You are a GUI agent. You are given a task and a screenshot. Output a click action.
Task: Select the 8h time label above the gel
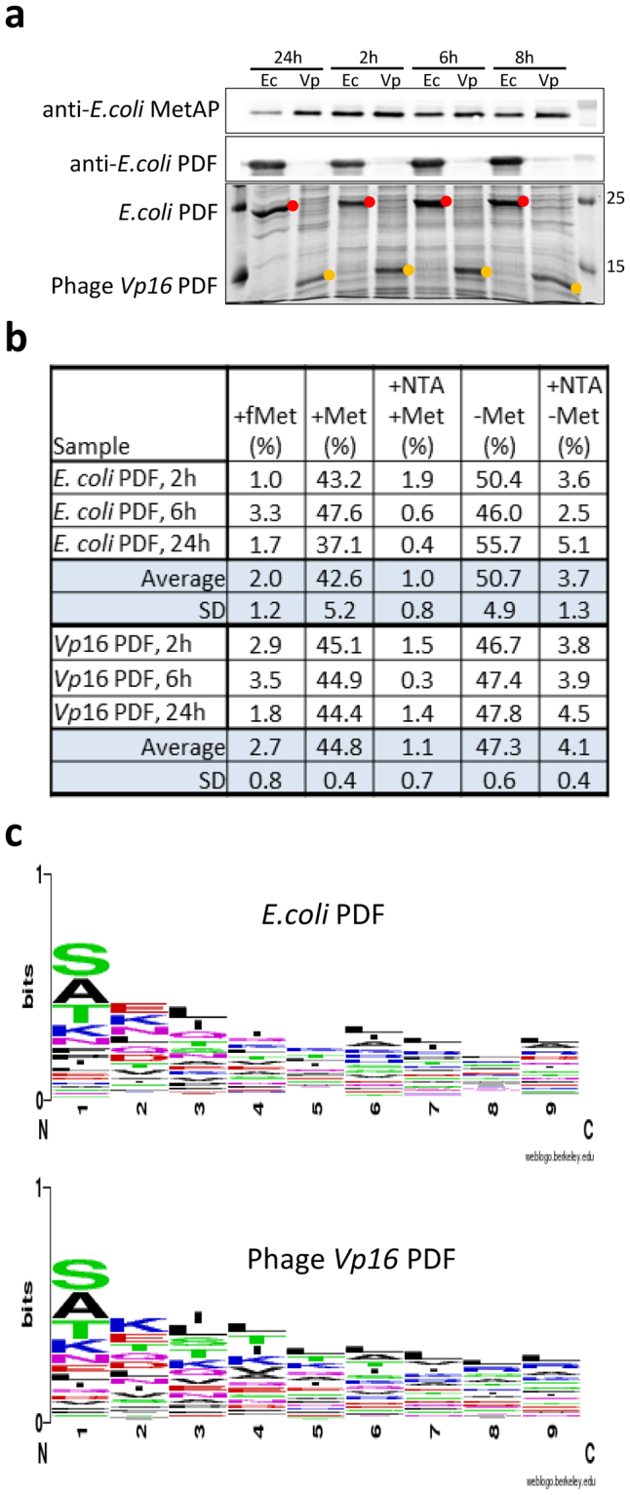click(x=531, y=57)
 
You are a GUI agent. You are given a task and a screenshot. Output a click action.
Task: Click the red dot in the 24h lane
click(x=293, y=205)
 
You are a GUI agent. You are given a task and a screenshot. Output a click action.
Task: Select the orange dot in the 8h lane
click(x=576, y=288)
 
